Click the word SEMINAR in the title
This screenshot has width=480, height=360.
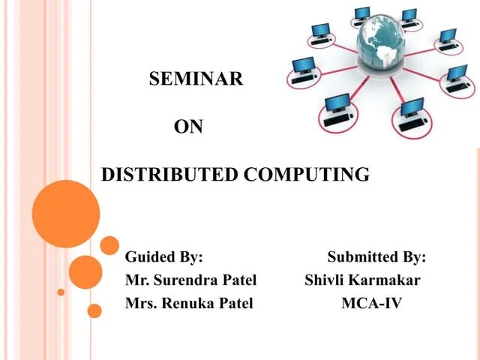196,79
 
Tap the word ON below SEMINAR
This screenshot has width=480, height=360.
188,127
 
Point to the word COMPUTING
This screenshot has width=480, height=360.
307,175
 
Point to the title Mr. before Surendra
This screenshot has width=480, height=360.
135,280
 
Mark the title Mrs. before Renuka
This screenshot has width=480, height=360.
139,304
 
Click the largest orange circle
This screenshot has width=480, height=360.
66,214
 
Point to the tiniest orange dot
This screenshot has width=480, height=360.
61,292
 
